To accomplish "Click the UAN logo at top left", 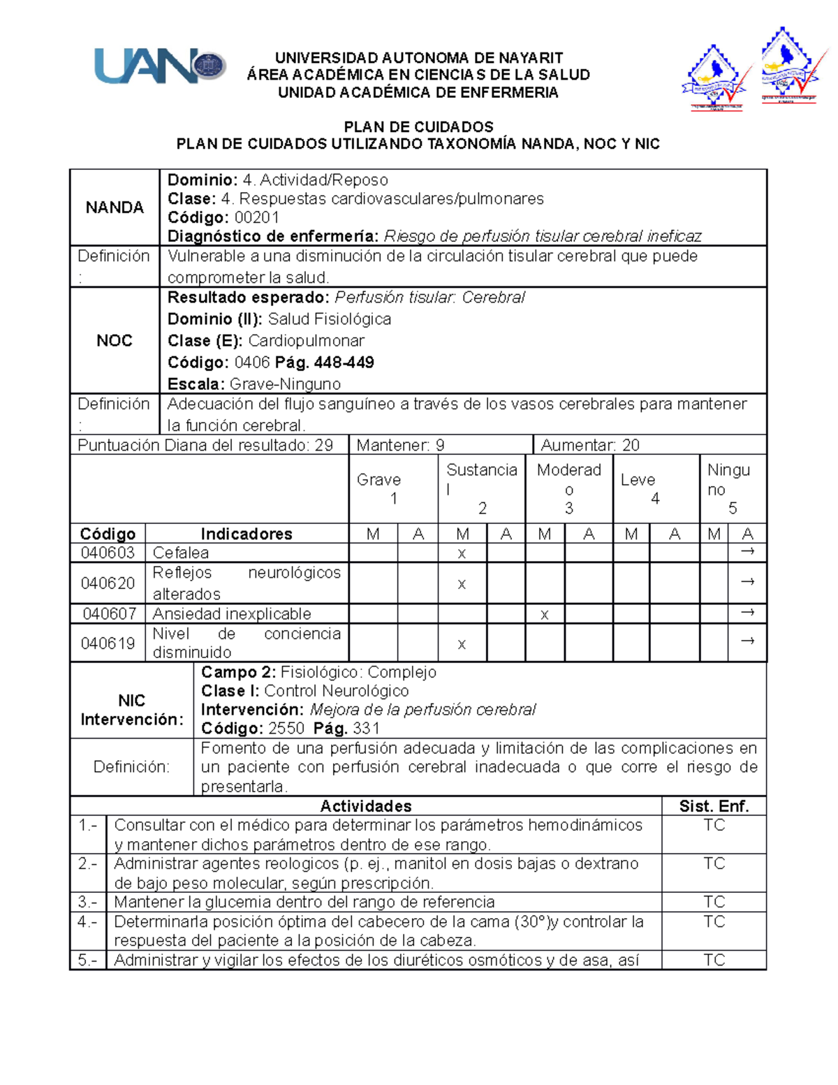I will click(x=159, y=67).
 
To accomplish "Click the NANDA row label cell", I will click(x=115, y=207).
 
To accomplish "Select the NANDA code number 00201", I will click(x=257, y=217).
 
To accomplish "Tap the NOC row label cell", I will click(x=115, y=340).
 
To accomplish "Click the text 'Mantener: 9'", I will click(x=400, y=445).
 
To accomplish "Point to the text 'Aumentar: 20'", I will click(x=590, y=445).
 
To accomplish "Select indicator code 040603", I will click(x=108, y=553).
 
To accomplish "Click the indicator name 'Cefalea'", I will click(x=181, y=553).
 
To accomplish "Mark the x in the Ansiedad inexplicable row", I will click(x=544, y=614).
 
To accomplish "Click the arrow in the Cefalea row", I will click(x=747, y=552).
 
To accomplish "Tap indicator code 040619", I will click(x=108, y=643).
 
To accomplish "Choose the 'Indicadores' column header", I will click(x=247, y=534).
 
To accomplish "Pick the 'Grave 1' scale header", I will click(x=379, y=488).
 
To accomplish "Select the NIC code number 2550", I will click(x=286, y=729).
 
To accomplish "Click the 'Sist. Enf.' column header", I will click(x=714, y=806).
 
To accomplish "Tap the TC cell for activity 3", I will click(x=714, y=902).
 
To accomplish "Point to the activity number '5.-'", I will click(x=88, y=960).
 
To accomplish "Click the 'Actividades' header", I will click(x=366, y=806).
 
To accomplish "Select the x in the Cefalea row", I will click(x=462, y=553).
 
